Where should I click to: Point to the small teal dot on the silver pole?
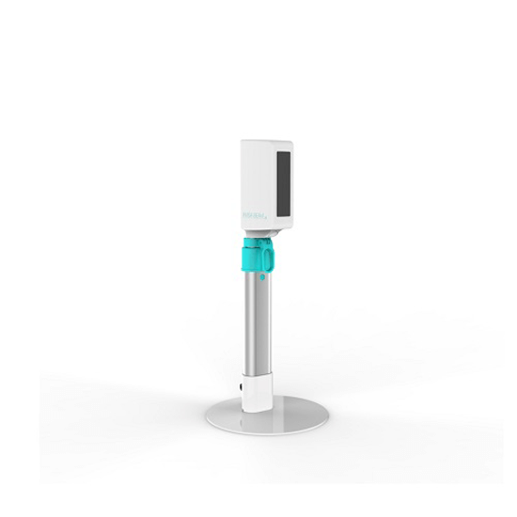point(262,279)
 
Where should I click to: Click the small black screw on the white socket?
point(243,385)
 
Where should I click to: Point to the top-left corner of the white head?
point(242,142)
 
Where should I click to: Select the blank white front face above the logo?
point(252,179)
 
